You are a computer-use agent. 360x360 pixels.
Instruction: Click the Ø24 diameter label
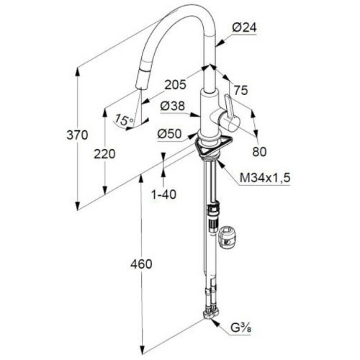point(244,28)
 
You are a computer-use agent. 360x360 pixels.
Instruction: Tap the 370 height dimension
point(77,135)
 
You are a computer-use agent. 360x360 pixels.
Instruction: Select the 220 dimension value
point(104,154)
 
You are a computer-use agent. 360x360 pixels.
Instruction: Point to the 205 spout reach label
point(176,84)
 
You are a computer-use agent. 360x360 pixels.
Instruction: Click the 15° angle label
point(124,120)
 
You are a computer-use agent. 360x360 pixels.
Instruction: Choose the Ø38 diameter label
point(173,106)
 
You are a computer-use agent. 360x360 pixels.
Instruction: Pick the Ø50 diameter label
point(169,134)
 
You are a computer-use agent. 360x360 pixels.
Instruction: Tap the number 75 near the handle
point(240,91)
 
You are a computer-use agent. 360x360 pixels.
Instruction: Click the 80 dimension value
point(259,152)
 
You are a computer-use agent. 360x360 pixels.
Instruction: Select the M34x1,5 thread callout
point(265,178)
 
